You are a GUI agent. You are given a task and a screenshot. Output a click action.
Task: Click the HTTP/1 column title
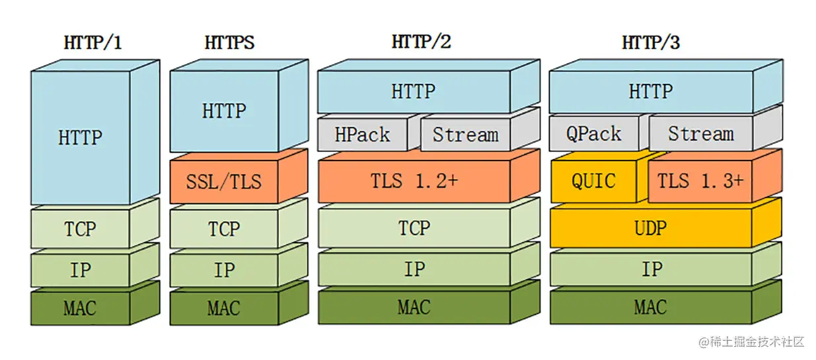tap(93, 43)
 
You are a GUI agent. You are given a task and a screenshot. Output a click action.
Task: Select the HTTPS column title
tap(229, 43)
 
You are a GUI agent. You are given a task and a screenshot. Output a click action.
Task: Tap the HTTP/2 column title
tap(421, 42)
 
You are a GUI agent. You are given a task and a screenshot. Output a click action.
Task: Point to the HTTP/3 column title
tap(651, 43)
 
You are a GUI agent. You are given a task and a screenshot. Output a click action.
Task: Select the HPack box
tap(362, 135)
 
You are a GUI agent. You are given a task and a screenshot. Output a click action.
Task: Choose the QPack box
tap(593, 135)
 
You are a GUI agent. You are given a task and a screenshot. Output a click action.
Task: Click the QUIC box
tap(593, 181)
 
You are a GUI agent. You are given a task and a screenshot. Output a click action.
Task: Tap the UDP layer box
tap(651, 228)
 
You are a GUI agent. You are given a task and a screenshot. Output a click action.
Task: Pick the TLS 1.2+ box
tap(414, 181)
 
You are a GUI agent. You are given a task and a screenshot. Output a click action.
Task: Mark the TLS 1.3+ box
tap(700, 181)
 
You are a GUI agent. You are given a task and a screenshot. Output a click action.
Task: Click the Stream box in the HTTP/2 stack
tap(465, 135)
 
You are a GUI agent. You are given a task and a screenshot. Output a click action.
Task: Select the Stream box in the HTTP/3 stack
tap(700, 135)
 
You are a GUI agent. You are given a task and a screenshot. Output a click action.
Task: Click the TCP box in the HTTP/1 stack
tap(80, 229)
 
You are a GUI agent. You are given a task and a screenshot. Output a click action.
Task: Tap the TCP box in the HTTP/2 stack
tap(414, 229)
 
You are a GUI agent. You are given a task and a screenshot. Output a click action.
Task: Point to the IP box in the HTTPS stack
tap(224, 270)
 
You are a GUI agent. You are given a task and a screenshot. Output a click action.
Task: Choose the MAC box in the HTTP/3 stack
tap(651, 307)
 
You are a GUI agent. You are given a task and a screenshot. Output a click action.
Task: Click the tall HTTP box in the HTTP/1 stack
tap(80, 138)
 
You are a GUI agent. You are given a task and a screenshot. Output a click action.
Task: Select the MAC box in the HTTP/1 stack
tap(80, 308)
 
